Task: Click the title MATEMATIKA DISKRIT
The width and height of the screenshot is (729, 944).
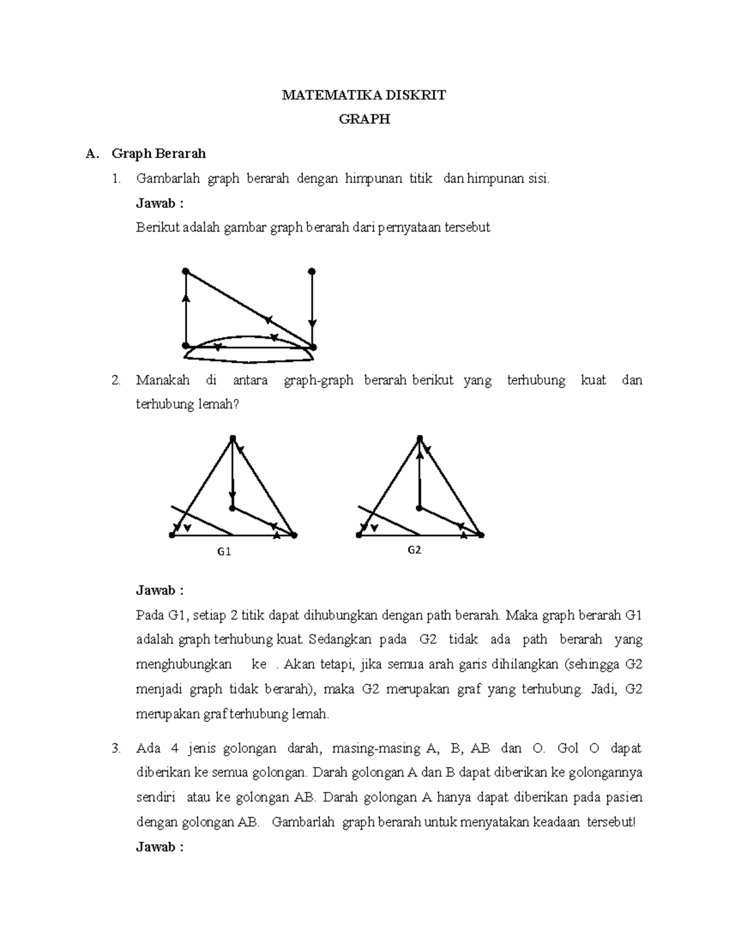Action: click(x=363, y=95)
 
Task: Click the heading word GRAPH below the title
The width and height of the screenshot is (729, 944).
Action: click(x=364, y=120)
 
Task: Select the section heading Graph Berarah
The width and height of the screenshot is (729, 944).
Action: click(x=158, y=154)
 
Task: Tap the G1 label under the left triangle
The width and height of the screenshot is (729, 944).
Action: click(x=224, y=552)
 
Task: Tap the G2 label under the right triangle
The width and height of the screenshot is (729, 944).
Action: click(x=414, y=550)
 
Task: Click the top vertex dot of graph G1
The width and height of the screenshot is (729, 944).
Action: click(x=232, y=438)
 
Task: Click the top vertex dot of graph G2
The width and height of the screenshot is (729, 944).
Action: click(x=419, y=438)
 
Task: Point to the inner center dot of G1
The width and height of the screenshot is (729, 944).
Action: click(x=232, y=508)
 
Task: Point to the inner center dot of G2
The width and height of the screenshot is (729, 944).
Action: click(x=419, y=508)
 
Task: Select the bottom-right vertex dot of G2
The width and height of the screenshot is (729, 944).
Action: click(x=481, y=535)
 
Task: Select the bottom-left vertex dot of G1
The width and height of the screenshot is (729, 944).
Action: click(x=172, y=535)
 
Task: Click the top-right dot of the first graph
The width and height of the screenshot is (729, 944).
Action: click(x=312, y=271)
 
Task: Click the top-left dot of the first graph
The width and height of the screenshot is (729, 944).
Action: click(x=186, y=271)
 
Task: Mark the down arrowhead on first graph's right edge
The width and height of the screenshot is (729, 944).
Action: click(x=312, y=323)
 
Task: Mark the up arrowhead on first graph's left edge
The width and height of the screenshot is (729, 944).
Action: click(x=186, y=297)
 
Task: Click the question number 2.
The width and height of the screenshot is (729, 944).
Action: click(x=115, y=381)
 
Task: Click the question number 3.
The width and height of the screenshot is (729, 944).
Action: click(x=115, y=749)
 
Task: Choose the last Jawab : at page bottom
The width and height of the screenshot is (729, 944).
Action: click(x=160, y=847)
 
